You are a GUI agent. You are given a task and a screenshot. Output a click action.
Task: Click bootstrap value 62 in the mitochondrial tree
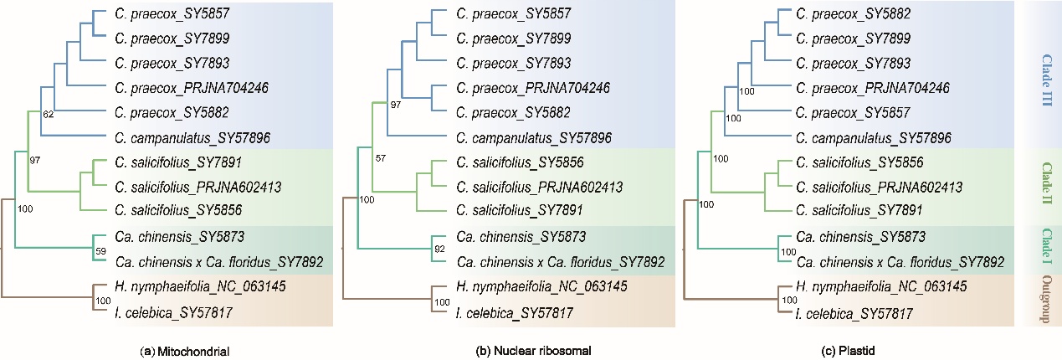click(49, 115)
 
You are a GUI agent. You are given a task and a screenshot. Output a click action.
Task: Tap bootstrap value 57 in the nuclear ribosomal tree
click(382, 158)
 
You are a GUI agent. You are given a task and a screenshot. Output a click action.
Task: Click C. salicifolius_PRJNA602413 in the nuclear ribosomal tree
click(532, 187)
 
